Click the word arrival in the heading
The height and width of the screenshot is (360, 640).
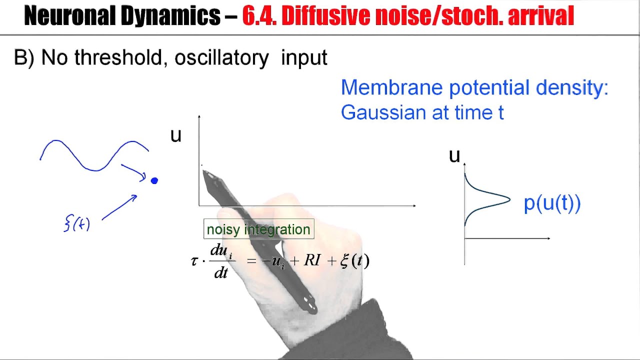pyautogui.click(x=540, y=16)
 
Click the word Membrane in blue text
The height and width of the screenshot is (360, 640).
pyautogui.click(x=391, y=88)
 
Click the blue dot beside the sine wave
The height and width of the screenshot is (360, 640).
pyautogui.click(x=154, y=180)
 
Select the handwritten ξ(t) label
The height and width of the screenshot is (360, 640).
pyautogui.click(x=77, y=223)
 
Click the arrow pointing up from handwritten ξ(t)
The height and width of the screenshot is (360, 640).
pyautogui.click(x=120, y=206)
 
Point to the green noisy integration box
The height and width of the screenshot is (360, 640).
pyautogui.click(x=258, y=229)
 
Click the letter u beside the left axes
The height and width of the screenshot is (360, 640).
pyautogui.click(x=175, y=135)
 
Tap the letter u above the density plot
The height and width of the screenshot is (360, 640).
pyautogui.click(x=454, y=156)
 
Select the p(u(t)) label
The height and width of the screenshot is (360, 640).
pyautogui.click(x=552, y=203)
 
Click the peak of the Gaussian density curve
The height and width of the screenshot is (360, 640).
pyautogui.click(x=509, y=200)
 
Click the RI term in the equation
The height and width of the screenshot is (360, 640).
pyautogui.click(x=312, y=260)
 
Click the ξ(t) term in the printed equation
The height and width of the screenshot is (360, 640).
pyautogui.click(x=354, y=260)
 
